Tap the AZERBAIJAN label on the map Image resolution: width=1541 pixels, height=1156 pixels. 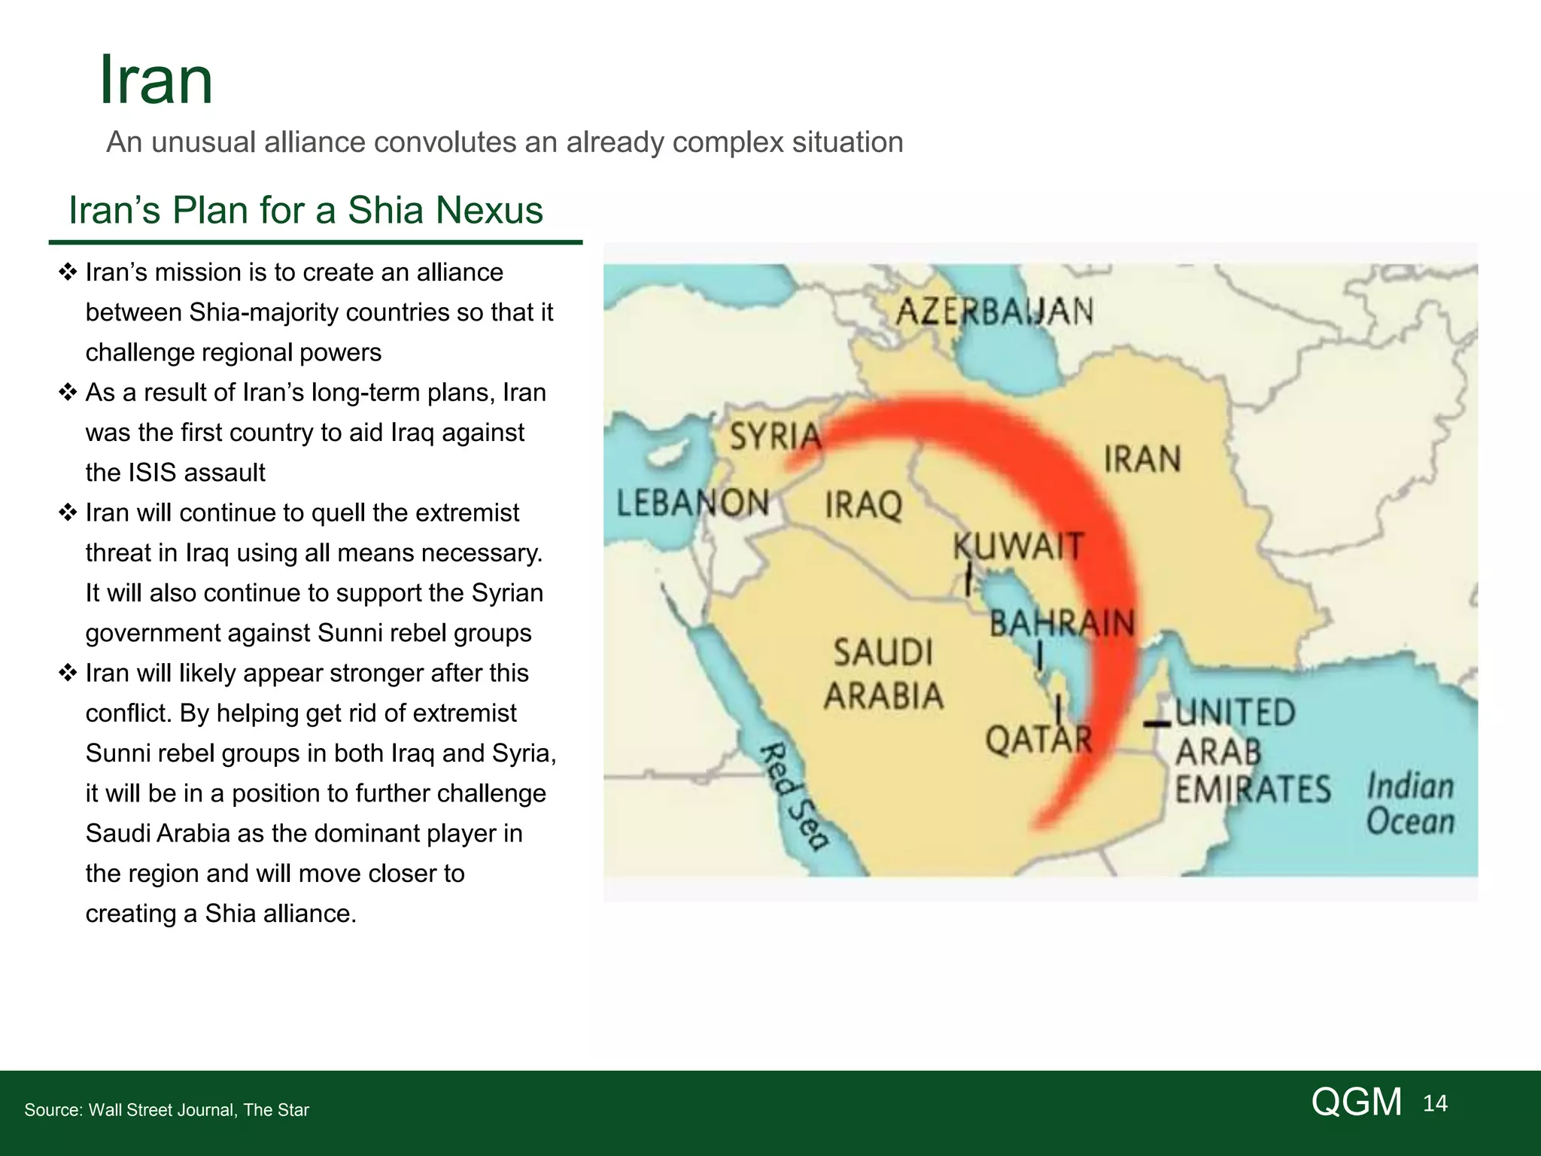coord(994,311)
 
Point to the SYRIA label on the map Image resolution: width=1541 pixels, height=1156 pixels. coord(775,436)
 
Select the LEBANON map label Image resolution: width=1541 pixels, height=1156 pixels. coord(693,502)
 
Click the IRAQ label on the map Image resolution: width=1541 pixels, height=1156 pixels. coord(863,504)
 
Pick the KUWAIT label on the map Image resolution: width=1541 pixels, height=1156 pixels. coord(1018,546)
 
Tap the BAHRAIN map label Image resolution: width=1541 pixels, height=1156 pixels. coord(1061,622)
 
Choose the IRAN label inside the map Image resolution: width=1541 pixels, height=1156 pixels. coord(1141,459)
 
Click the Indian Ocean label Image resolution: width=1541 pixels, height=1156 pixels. coord(1410,804)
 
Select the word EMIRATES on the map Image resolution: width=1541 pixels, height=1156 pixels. coord(1253,789)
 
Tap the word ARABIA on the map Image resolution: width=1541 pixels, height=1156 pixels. coord(883,695)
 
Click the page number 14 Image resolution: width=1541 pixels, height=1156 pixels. coord(1435,1103)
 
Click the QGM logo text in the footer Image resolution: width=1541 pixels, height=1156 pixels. coord(1356,1102)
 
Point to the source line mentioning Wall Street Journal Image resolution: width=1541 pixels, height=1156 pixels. coord(166,1110)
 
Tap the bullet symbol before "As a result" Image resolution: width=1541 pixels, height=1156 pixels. coord(68,392)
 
